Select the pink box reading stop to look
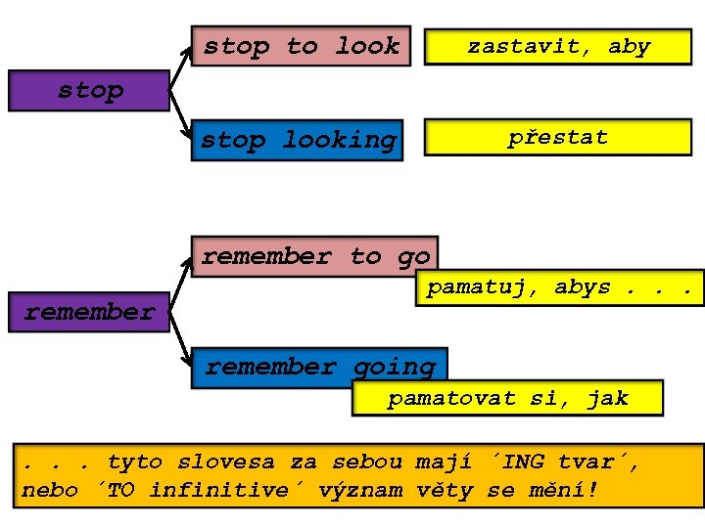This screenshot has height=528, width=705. tap(301, 46)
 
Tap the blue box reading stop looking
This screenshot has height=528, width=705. tap(298, 141)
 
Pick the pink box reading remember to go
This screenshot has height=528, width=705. tap(314, 256)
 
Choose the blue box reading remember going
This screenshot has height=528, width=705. tap(319, 368)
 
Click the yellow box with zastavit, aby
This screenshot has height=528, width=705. tap(558, 46)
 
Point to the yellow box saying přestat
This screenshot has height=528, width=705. tap(557, 138)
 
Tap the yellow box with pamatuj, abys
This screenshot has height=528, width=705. tap(563, 287)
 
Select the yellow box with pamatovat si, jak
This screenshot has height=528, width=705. tap(507, 398)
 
